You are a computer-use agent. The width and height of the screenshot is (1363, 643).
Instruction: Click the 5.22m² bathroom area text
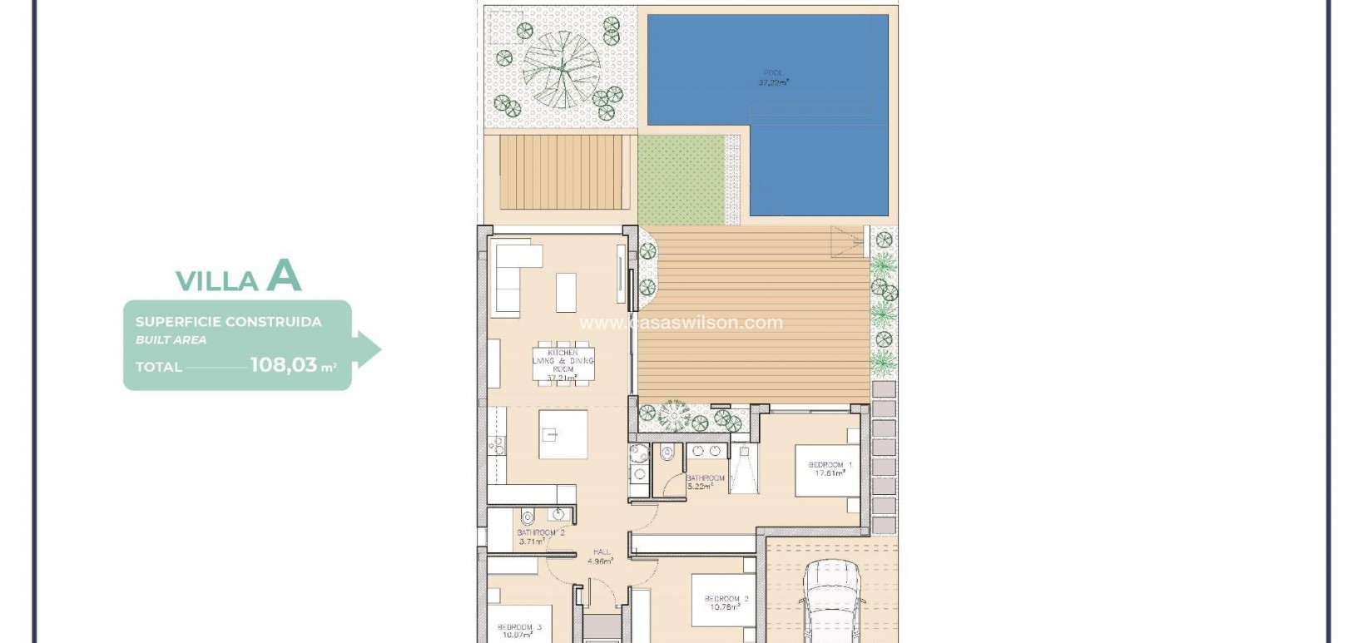[x=699, y=487]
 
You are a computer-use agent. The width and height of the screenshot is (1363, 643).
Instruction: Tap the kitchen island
[x=563, y=434]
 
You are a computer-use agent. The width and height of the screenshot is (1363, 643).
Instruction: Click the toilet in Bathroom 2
[x=529, y=514]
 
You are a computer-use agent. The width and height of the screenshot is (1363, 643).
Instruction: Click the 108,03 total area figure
[x=283, y=364]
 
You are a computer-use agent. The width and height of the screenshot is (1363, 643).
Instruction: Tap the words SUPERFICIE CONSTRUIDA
[x=228, y=321]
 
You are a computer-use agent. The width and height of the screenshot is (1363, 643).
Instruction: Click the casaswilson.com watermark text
[x=681, y=323]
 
